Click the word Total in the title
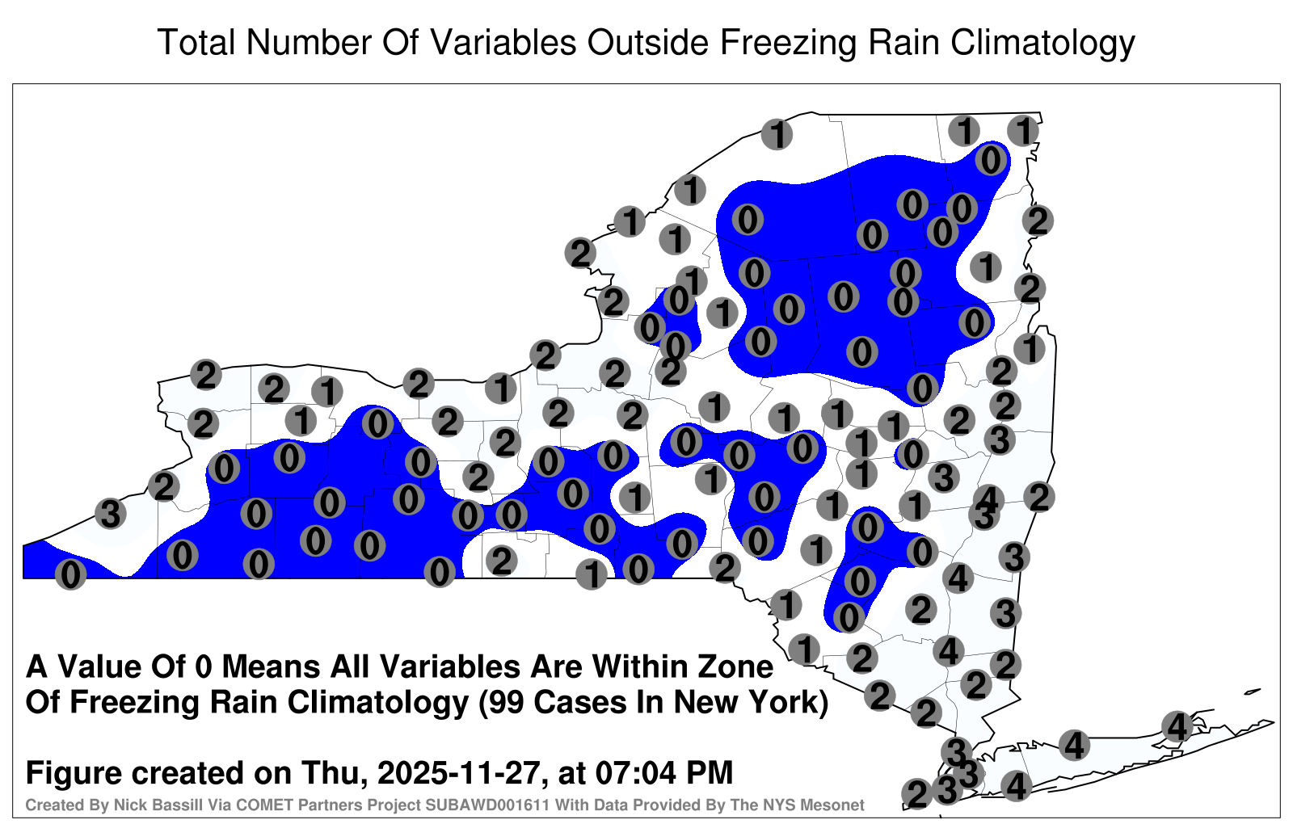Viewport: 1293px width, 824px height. pyautogui.click(x=196, y=42)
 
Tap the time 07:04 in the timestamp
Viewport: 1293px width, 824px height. pyautogui.click(x=635, y=773)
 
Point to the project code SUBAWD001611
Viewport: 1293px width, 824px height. pyautogui.click(x=486, y=805)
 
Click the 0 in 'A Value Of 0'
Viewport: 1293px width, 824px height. pyautogui.click(x=204, y=667)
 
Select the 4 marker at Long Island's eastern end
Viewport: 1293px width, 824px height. pyautogui.click(x=1177, y=726)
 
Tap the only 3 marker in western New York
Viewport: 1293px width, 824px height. pyautogui.click(x=111, y=514)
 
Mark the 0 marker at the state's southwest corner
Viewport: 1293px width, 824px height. pyautogui.click(x=70, y=574)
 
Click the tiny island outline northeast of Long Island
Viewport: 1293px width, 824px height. pyautogui.click(x=1252, y=692)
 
